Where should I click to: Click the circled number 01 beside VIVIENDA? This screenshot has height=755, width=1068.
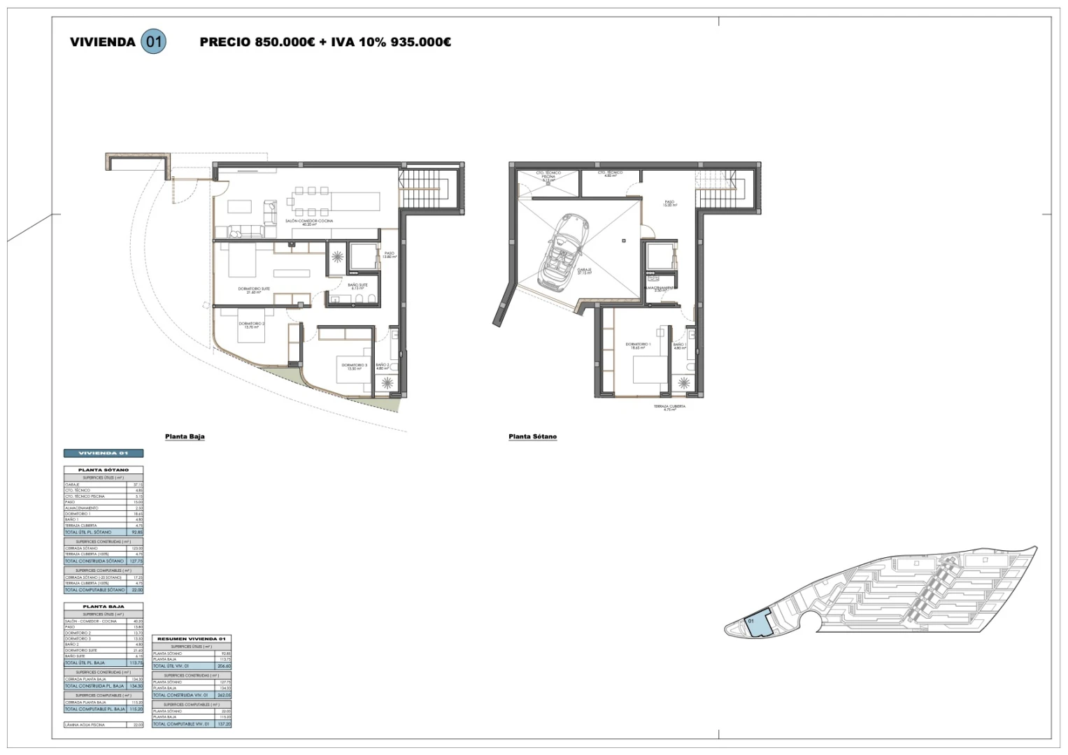coord(153,42)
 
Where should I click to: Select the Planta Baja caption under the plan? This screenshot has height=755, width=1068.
coord(185,437)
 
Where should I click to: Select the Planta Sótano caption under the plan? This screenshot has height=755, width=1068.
coord(532,437)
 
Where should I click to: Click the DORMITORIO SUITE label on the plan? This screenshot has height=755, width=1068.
coord(249,290)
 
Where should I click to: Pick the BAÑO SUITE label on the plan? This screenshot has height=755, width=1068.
coord(357,286)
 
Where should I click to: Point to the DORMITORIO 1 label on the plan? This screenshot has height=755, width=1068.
coord(638,346)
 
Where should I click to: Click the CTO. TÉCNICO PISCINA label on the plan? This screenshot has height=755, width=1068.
coord(549,175)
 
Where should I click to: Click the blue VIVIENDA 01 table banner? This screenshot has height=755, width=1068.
coord(104,453)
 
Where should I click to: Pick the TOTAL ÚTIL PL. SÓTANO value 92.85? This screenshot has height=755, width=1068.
coord(137,532)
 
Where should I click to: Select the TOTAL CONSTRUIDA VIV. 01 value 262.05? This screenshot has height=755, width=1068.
coord(224,695)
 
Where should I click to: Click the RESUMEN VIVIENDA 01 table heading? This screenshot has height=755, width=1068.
coord(191,640)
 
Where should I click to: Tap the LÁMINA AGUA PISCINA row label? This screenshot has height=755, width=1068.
coord(85,724)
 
